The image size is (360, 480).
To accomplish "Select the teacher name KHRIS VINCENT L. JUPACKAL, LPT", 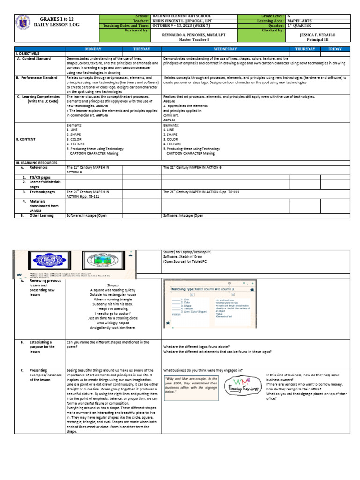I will pos(181,21).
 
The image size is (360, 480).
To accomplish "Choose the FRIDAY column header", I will pos(335,49).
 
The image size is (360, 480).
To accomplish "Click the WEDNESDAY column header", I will pos(225,49).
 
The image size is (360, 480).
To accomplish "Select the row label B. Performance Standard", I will pos(37,78).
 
